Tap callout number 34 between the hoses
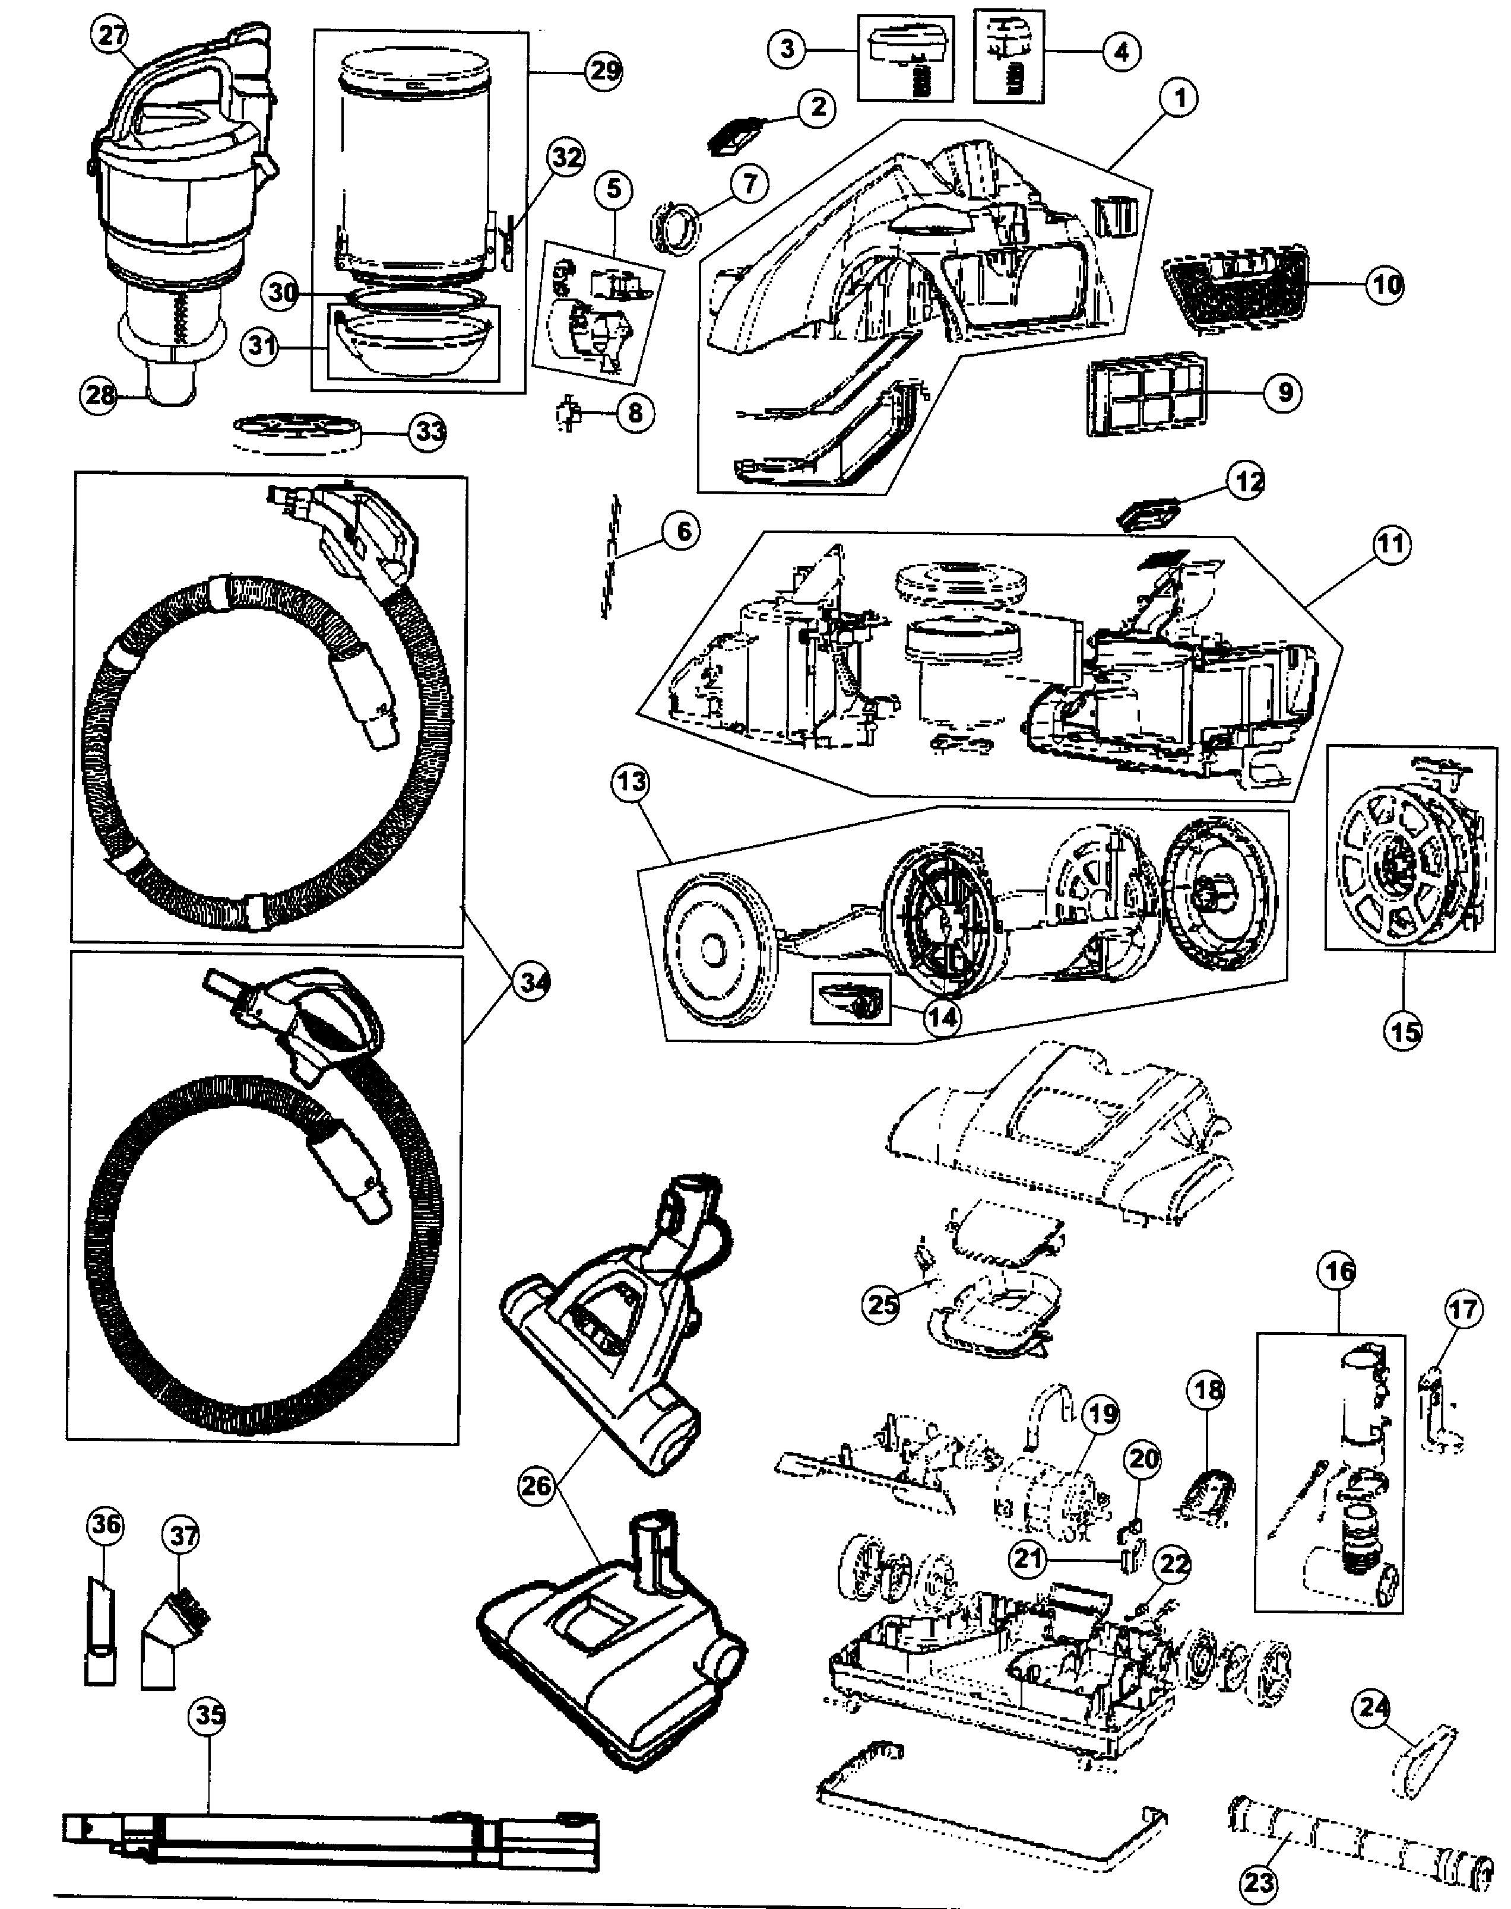click(x=528, y=982)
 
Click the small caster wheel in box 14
click(x=851, y=1001)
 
